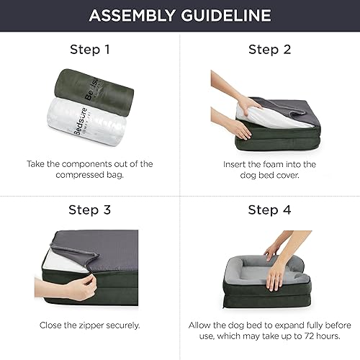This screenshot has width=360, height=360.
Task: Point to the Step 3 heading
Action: [x=90, y=211]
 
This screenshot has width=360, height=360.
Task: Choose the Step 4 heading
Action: [x=269, y=211]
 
